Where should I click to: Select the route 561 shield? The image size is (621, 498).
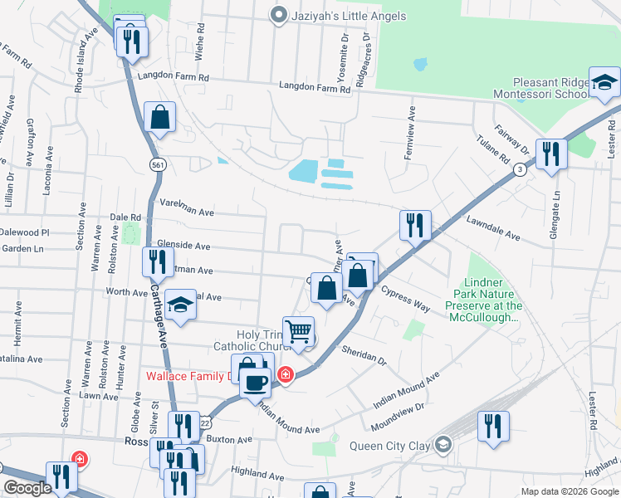tap(158, 165)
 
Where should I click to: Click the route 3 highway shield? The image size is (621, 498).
tap(519, 169)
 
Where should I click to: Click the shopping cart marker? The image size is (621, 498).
tap(299, 331)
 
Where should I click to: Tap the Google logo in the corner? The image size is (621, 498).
tap(28, 488)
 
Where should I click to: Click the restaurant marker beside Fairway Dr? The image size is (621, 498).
tap(550, 154)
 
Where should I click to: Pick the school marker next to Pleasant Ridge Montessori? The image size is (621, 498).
tap(605, 84)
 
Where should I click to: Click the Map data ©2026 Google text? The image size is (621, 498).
tap(569, 491)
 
